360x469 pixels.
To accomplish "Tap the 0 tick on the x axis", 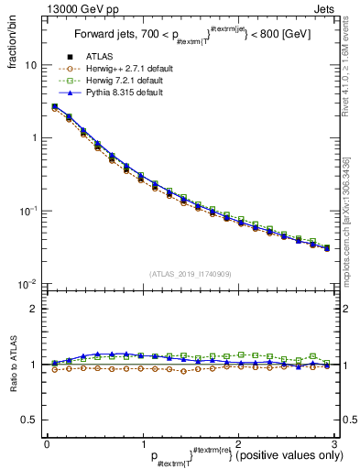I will tap(47, 443).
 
